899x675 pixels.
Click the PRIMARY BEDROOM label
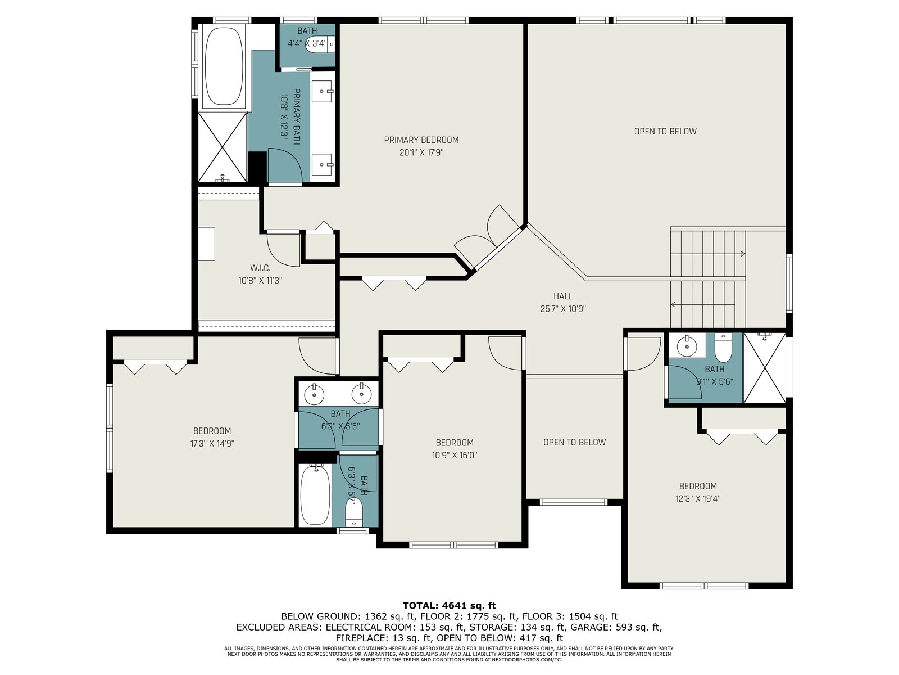[x=421, y=139]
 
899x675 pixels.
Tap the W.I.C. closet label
[x=260, y=268]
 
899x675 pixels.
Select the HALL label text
[x=563, y=296]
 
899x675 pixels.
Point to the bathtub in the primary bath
[x=223, y=66]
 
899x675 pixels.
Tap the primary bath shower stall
[x=223, y=147]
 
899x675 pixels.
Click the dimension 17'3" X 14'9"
[x=212, y=443]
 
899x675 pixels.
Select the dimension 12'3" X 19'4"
[x=698, y=499]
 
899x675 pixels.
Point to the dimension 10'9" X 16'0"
[x=454, y=455]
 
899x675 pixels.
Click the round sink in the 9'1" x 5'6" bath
[x=687, y=347]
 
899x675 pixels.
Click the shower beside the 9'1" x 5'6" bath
[x=765, y=368]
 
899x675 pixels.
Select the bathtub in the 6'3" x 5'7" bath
[x=315, y=496]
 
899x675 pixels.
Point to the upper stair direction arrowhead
[x=743, y=254]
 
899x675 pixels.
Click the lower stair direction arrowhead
[x=673, y=304]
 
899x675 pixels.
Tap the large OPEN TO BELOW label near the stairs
[x=665, y=132]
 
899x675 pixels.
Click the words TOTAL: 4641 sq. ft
[x=449, y=605]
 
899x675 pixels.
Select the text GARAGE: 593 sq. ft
[x=616, y=627]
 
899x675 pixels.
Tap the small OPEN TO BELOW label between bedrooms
[x=574, y=442]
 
